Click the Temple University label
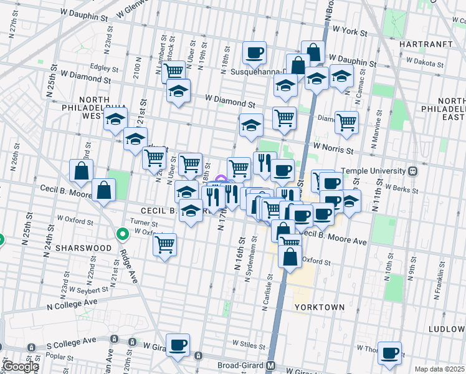(x=373, y=170)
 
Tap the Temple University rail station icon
(x=412, y=170)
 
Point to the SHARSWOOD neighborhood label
(x=83, y=247)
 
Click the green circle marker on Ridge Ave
(x=123, y=234)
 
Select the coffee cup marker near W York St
(x=254, y=53)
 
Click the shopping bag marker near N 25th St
(x=82, y=170)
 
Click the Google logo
(x=20, y=367)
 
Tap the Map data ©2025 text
(x=439, y=369)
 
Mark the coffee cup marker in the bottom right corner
(x=390, y=353)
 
